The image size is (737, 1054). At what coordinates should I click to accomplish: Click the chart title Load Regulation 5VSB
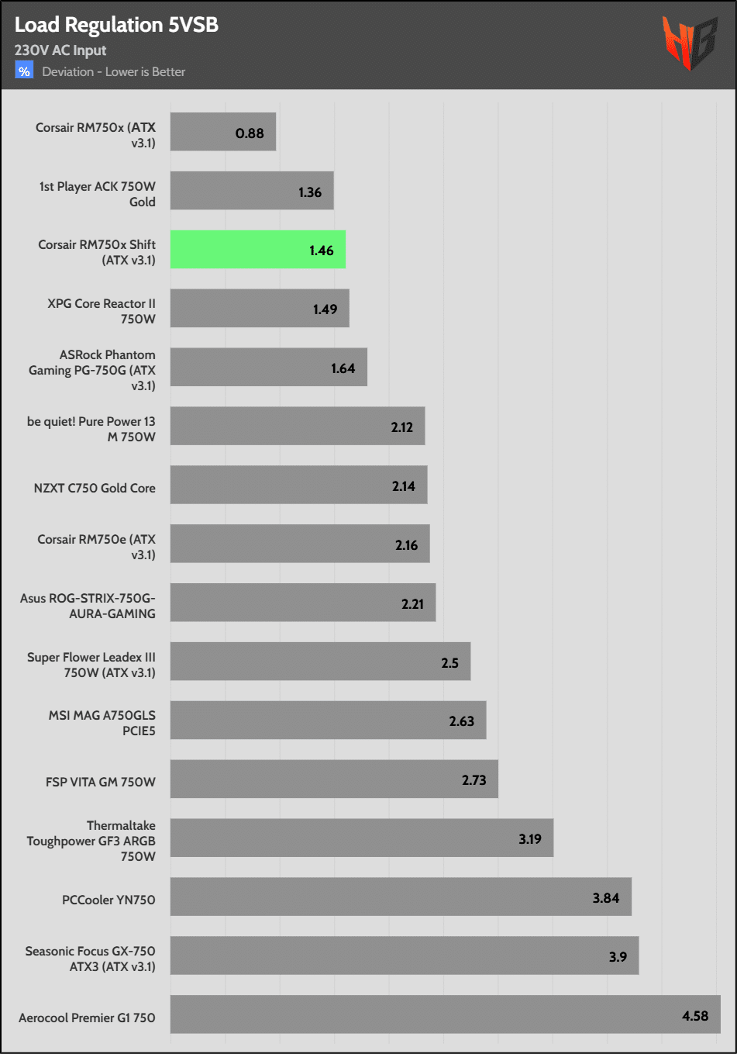[x=116, y=25]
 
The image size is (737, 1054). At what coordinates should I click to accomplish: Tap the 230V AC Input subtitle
[x=60, y=50]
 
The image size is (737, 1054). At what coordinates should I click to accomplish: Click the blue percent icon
[x=24, y=71]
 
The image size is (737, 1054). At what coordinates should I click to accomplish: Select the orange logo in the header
[x=688, y=43]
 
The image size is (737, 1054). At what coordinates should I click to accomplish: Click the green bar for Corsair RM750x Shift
[x=257, y=250]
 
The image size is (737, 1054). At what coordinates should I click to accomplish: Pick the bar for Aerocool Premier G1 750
[x=445, y=1014]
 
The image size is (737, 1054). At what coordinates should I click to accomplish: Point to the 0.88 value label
[x=250, y=133]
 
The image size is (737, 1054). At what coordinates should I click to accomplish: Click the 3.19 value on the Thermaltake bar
[x=530, y=839]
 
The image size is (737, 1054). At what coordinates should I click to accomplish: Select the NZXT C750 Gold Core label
[x=95, y=488]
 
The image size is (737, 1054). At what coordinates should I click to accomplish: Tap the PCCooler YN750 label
[x=108, y=900]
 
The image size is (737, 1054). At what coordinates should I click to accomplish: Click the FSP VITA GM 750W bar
[x=334, y=779]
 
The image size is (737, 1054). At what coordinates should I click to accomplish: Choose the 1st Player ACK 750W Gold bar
[x=252, y=191]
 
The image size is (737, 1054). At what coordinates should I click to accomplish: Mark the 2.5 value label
[x=449, y=663]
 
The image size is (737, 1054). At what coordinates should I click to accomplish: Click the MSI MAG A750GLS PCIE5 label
[x=102, y=723]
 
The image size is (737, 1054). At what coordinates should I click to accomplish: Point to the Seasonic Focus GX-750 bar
[x=405, y=956]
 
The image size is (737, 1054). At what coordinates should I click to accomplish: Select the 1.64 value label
[x=343, y=368]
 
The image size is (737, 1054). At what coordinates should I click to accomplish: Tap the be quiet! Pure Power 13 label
[x=91, y=429]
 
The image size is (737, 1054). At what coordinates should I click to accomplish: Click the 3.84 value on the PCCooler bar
[x=606, y=898]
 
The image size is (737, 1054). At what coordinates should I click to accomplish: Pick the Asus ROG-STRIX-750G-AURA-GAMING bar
[x=303, y=603]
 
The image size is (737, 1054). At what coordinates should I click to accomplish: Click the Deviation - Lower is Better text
[x=114, y=72]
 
